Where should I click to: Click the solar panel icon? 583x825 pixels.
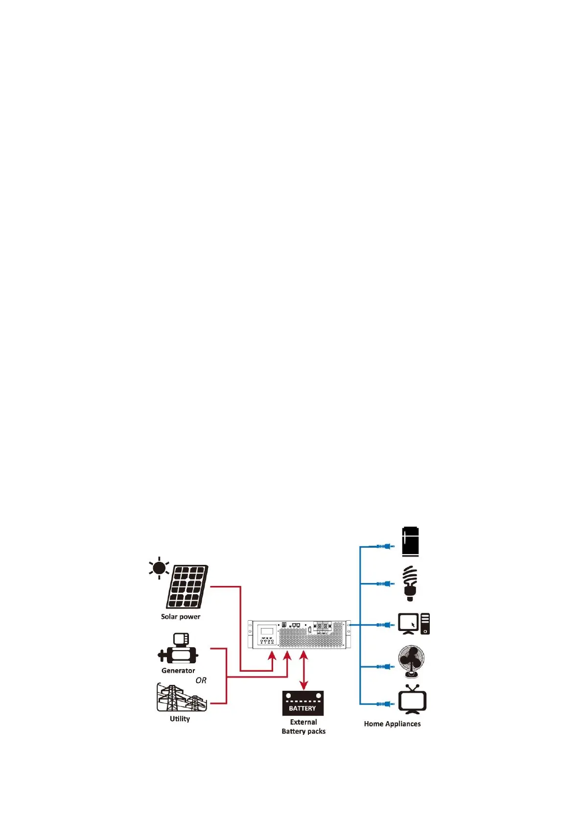187,586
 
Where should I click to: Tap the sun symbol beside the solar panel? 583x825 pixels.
159,568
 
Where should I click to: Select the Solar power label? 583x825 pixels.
181,617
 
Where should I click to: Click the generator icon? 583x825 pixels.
178,650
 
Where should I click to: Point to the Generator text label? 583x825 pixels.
178,671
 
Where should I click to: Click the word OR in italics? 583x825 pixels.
201,680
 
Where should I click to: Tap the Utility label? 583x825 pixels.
180,719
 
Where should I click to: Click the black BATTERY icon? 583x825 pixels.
303,703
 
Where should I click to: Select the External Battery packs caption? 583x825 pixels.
303,727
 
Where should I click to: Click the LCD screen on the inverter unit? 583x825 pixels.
267,631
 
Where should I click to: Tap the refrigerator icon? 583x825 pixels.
410,542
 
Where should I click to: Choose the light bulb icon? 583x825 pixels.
410,583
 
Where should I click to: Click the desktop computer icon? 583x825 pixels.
414,624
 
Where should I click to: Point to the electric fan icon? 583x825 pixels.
411,661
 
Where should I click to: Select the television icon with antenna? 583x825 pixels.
412,700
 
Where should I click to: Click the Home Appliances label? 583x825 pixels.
392,724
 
